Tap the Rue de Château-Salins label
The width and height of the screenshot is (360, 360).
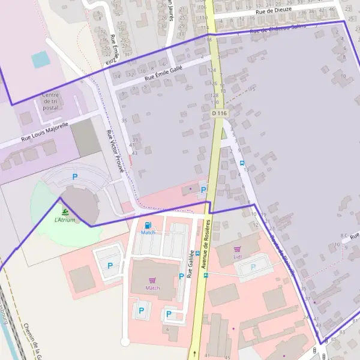[x=278, y=28]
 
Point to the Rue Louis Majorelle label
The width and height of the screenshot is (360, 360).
[x=44, y=132]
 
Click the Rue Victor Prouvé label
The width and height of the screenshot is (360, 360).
[x=115, y=151]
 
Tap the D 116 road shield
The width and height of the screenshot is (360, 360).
[x=220, y=113]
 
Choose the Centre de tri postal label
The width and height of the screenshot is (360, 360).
[x=51, y=101]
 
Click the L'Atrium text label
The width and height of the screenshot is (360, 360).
[x=65, y=220]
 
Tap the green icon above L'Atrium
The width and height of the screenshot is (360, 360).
[x=65, y=212]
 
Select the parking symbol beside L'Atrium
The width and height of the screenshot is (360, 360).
[x=75, y=176]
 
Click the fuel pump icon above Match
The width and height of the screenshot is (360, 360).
[x=148, y=226]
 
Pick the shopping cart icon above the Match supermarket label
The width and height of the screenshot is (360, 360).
[x=152, y=280]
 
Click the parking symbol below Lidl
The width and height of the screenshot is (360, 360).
[x=253, y=267]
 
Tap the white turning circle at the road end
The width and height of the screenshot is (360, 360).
[x=125, y=342]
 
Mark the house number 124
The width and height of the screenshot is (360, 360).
[x=211, y=70]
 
